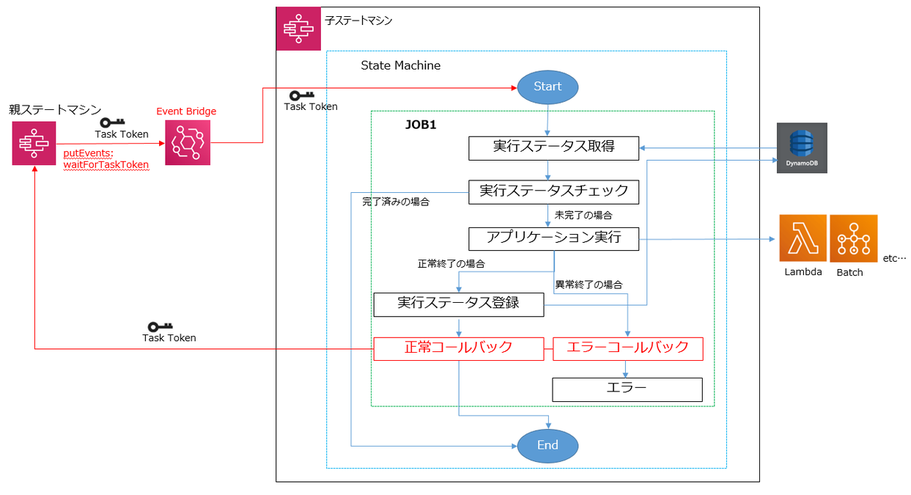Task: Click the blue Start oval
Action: pos(547,87)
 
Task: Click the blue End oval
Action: pos(547,445)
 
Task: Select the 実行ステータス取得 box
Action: pos(553,147)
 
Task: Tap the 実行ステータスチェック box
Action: pos(553,191)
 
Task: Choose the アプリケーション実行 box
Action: pos(553,238)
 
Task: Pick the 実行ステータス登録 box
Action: pos(457,303)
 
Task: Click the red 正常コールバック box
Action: pos(457,348)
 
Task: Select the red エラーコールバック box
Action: pos(627,348)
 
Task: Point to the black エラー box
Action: pos(627,389)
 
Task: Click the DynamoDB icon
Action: pos(802,148)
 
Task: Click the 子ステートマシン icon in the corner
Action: pos(296,29)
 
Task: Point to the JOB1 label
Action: pos(420,126)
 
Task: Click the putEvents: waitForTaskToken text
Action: pos(105,158)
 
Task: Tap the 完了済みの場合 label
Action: pos(396,202)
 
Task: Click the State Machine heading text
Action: pos(400,66)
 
